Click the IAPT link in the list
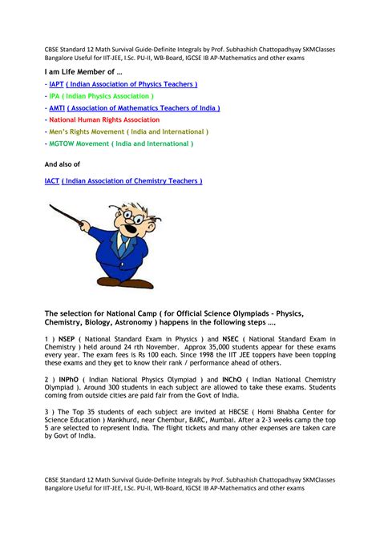point(55,83)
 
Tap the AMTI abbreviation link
point(56,107)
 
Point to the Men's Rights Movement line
point(128,131)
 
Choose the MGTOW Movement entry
point(120,143)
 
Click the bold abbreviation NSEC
point(249,340)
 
